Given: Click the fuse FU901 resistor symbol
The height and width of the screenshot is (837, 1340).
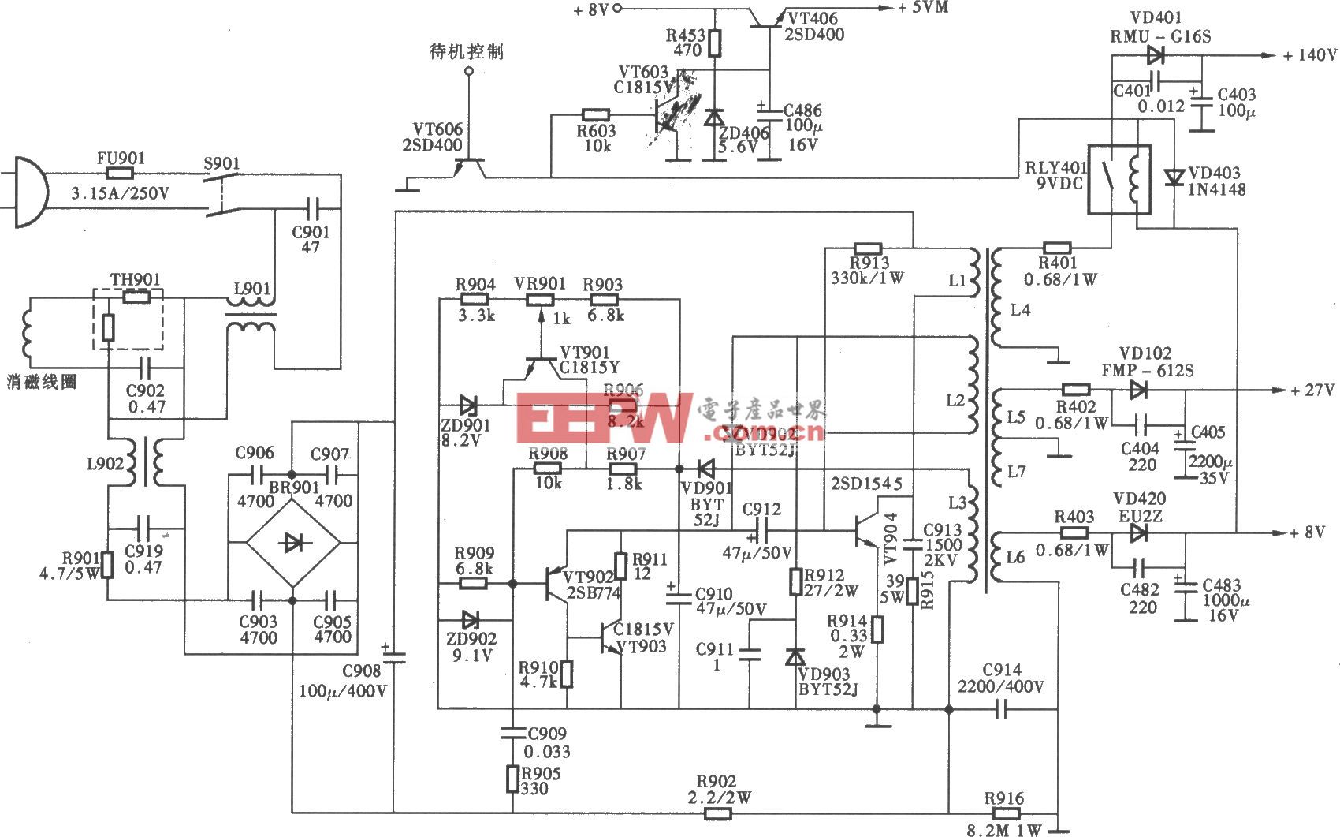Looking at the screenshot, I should point(120,174).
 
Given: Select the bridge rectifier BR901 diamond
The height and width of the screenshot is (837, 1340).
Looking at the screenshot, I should point(292,542).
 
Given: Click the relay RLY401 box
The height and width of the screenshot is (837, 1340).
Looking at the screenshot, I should point(1119,179).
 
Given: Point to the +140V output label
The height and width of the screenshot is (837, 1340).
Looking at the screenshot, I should point(1309,55).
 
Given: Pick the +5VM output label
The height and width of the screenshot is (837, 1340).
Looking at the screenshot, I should point(923,8).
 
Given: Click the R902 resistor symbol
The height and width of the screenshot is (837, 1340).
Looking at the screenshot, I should point(717,811).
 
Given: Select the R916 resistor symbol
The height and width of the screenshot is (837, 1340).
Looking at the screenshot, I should point(1003,813).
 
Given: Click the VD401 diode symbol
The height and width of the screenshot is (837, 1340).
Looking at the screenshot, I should point(1156,55).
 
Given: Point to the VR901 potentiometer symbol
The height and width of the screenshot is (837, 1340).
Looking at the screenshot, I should point(541,300).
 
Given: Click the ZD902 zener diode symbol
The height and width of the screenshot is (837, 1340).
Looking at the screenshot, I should point(471,619).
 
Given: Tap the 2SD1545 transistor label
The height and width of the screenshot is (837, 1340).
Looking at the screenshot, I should point(866,484).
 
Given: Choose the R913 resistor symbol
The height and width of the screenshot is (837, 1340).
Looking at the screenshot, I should point(868,248).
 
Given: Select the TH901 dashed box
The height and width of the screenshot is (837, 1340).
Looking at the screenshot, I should point(128,319).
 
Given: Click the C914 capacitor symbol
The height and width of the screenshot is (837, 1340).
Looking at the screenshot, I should point(1002,710).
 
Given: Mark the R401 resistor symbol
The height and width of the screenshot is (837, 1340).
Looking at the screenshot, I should point(1056,248).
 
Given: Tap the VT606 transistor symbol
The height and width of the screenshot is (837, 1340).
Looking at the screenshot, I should point(470,167).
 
